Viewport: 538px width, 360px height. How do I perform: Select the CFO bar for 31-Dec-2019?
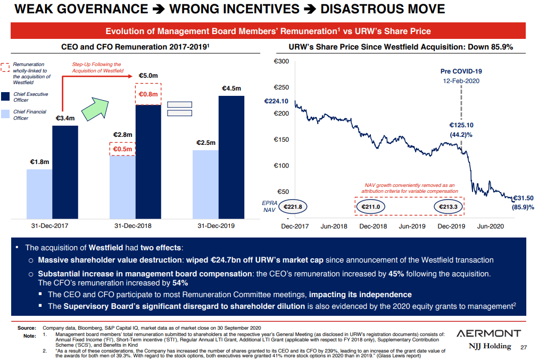[205, 184]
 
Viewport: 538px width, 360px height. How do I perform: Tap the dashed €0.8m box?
[148, 94]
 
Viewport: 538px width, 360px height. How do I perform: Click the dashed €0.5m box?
[122, 149]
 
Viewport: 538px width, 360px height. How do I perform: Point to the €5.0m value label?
[148, 76]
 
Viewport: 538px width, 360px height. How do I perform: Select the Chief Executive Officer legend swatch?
[5, 97]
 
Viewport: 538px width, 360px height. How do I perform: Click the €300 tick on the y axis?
[281, 62]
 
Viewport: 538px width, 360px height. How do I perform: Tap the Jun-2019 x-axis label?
[412, 226]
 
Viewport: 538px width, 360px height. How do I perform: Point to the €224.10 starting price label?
[276, 101]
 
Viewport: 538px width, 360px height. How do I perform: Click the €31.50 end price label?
[523, 198]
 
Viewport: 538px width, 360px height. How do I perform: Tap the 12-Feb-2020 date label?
[461, 81]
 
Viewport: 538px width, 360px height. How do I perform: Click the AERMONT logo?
[489, 333]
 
